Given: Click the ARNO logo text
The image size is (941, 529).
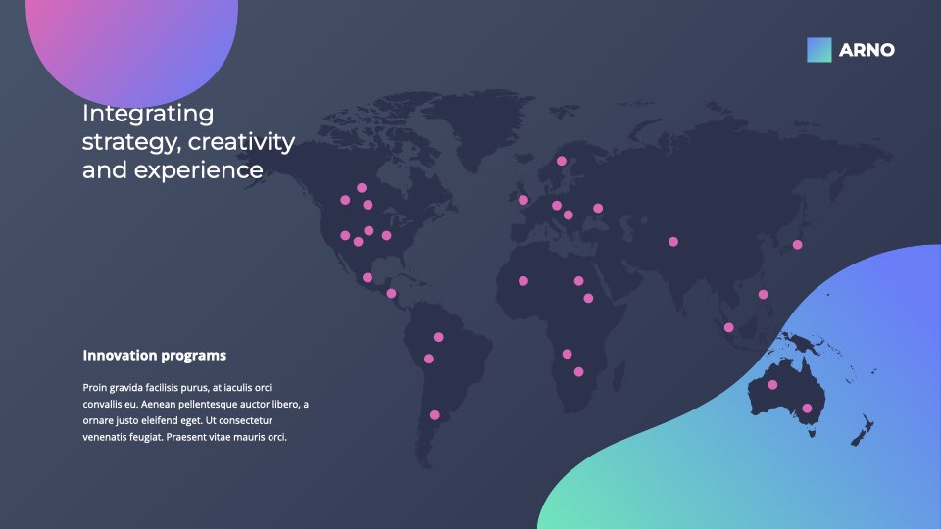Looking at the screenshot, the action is point(867,50).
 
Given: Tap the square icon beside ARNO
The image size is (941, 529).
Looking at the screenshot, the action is point(819,50).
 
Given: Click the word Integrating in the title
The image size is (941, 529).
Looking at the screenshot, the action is point(148,114).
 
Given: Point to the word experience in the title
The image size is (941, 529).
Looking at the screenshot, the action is point(198,170).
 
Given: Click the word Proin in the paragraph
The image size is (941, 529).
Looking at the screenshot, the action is point(94,388).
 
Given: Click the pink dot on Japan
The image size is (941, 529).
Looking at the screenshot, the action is point(797,245).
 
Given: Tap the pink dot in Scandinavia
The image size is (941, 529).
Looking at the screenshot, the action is point(561,161).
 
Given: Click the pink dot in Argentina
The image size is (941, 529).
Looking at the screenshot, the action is point(434,415).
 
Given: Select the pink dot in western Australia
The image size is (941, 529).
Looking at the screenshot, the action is point(772,384).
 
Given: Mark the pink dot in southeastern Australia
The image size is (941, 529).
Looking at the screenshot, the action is point(807,409).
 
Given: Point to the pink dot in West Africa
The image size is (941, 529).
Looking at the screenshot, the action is point(522,281).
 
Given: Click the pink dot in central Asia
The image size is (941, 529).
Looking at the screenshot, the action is point(673,242).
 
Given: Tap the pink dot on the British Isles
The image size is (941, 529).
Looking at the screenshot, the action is point(522,200).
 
